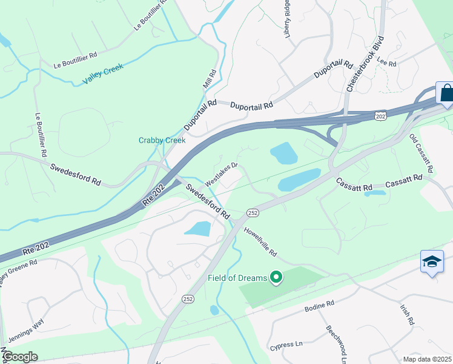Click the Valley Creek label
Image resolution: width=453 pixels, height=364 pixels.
coord(103,73)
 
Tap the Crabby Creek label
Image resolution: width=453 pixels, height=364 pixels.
coord(162,140)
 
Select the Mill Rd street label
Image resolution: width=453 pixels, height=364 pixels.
coord(210,79)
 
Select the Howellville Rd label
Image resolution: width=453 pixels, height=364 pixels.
coord(260,241)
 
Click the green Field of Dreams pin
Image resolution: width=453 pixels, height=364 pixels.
coord(276,278)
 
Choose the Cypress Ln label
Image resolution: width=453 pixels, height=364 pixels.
coord(286,345)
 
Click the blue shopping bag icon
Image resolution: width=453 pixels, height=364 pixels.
coord(446,93)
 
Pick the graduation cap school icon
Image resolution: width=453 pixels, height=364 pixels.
coord(432,262)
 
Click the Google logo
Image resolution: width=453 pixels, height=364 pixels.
coord(20,357)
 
